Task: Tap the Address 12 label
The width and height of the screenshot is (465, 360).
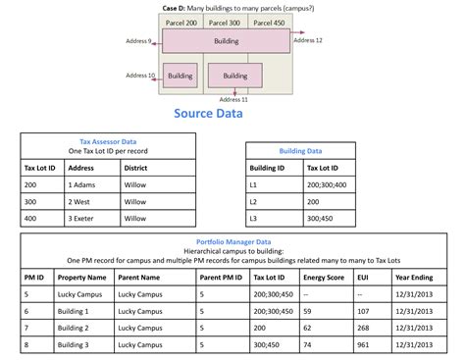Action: click(x=307, y=40)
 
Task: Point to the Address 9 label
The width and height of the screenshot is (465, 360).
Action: click(x=139, y=42)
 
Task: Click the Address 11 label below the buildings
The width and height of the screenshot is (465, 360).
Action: click(x=233, y=99)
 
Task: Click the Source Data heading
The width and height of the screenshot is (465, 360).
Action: click(x=208, y=114)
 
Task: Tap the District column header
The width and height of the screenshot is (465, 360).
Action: click(x=135, y=167)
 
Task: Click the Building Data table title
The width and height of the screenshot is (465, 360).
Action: click(x=300, y=151)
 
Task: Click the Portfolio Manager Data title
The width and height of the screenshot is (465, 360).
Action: click(x=233, y=241)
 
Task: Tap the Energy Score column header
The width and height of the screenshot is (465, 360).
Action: click(x=323, y=277)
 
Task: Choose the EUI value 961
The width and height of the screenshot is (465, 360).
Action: click(x=364, y=344)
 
